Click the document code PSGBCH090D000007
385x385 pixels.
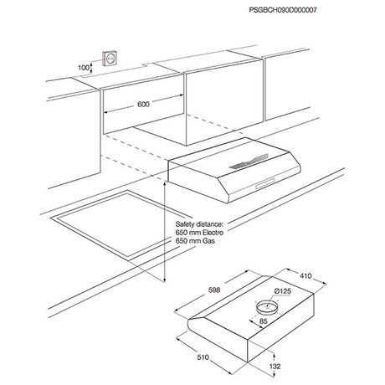[283, 10]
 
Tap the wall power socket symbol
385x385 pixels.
[110, 59]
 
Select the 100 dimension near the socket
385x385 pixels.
[84, 68]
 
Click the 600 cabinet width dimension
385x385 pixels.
[143, 105]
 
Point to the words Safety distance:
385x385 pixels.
[199, 224]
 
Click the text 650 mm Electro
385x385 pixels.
[199, 233]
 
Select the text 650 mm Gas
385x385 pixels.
[195, 241]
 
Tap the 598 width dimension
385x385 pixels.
[214, 290]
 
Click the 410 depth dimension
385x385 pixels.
[305, 276]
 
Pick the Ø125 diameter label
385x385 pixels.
[282, 291]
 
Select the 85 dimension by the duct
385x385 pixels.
[264, 321]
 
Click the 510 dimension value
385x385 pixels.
[203, 357]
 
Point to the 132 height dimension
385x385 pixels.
[275, 367]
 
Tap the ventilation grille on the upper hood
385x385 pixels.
[249, 162]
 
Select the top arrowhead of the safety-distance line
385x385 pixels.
[165, 184]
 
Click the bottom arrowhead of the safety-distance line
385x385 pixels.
[165, 280]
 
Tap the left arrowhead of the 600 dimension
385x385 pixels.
[106, 112]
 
